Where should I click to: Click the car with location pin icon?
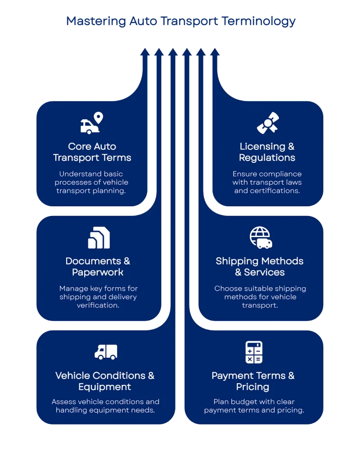(92, 123)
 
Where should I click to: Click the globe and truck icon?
(261, 238)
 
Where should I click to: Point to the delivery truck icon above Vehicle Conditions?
(106, 352)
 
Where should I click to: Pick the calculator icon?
(254, 352)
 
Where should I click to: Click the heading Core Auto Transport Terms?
(92, 152)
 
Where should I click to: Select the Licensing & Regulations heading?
(267, 152)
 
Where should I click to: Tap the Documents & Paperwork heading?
(98, 266)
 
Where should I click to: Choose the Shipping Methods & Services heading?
(260, 266)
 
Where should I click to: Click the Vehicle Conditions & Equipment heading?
(105, 381)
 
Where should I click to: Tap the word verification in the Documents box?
(98, 305)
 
